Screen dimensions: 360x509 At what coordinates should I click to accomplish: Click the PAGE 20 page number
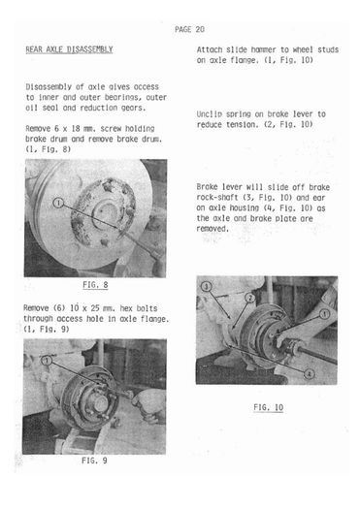189,29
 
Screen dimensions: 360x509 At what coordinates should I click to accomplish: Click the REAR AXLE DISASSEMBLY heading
69,49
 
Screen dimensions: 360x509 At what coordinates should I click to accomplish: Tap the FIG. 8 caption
95,285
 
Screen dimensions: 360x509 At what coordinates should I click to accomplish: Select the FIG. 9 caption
94,461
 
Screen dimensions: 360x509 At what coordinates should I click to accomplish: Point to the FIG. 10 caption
269,407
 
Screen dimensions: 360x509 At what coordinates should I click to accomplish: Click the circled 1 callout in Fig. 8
58,204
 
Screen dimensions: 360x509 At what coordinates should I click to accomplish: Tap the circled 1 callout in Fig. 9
47,361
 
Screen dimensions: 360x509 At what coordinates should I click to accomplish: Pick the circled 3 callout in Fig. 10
207,286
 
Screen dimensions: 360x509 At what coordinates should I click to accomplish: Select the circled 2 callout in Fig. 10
249,298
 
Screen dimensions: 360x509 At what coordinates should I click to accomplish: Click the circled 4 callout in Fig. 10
309,374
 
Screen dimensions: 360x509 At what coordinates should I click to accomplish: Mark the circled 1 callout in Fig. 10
324,314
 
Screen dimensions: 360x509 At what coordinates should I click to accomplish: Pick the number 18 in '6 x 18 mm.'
76,129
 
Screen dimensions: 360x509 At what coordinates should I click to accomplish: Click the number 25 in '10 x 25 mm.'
93,308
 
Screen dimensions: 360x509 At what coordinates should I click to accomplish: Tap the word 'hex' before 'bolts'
126,308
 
